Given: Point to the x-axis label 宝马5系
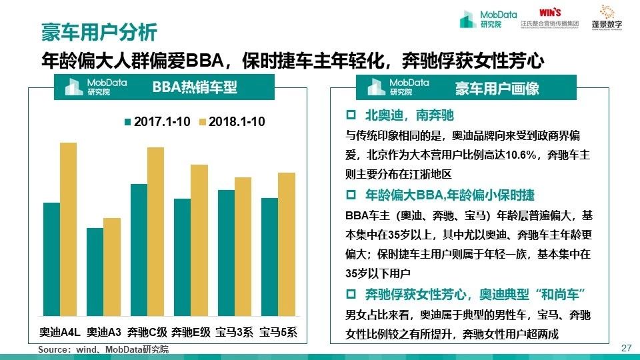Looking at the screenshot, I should pos(278,332).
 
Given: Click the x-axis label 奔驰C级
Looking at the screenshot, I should pos(147,332).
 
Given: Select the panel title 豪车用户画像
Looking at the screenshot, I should pos(497,88).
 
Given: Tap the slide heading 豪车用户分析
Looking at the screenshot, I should pos(99,31).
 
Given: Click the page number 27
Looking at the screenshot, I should pos(625,348).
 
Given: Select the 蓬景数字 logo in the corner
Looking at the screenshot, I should pos(606,17).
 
